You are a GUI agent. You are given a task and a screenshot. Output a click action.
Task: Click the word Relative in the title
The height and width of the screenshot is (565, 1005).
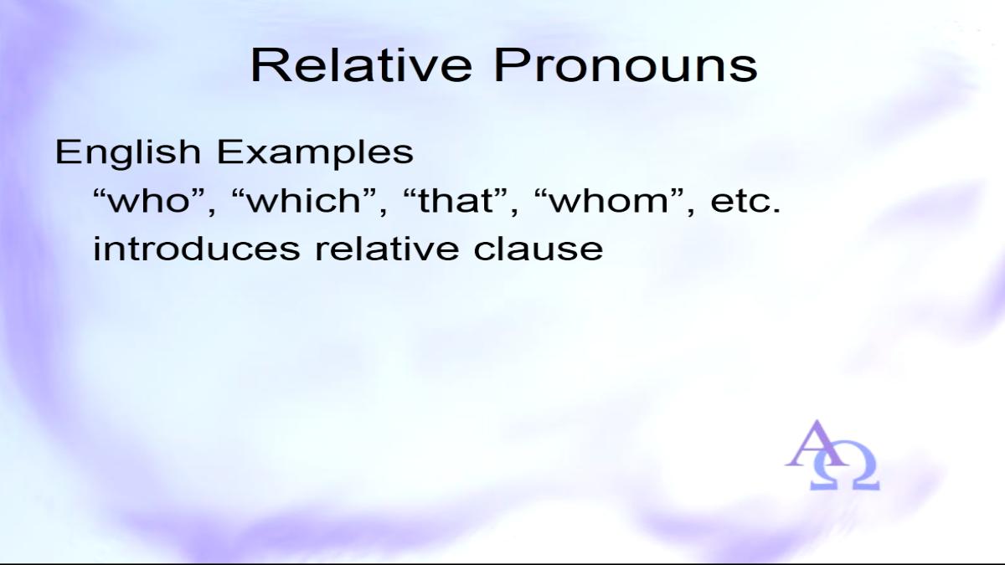pyautogui.click(x=361, y=65)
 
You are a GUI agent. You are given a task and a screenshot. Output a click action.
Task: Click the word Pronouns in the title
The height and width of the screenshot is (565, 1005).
pyautogui.click(x=626, y=65)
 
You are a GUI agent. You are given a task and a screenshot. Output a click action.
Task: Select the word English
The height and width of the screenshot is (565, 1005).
pyautogui.click(x=127, y=152)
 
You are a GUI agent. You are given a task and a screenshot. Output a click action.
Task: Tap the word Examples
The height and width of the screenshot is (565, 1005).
pyautogui.click(x=315, y=153)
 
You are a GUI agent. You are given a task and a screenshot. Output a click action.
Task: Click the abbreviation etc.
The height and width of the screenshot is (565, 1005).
pyautogui.click(x=745, y=201)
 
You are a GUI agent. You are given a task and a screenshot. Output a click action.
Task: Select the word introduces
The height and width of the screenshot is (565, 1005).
pyautogui.click(x=197, y=248)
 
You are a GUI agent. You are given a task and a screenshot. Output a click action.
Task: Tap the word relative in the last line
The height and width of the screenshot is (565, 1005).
pyautogui.click(x=387, y=248)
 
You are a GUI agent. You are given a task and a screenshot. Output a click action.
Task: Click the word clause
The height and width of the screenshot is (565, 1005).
pyautogui.click(x=539, y=248)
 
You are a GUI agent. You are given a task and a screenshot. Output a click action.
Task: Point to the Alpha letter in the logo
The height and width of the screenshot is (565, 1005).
pyautogui.click(x=816, y=444)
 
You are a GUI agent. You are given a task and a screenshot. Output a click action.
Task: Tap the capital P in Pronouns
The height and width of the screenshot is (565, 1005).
pyautogui.click(x=510, y=65)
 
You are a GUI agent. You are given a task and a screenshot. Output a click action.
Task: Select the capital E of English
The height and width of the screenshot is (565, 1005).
pyautogui.click(x=66, y=152)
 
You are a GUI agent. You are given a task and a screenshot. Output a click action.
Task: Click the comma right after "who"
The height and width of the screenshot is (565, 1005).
pyautogui.click(x=211, y=209)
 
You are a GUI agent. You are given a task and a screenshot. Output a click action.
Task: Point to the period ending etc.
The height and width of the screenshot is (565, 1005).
pyautogui.click(x=776, y=209)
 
